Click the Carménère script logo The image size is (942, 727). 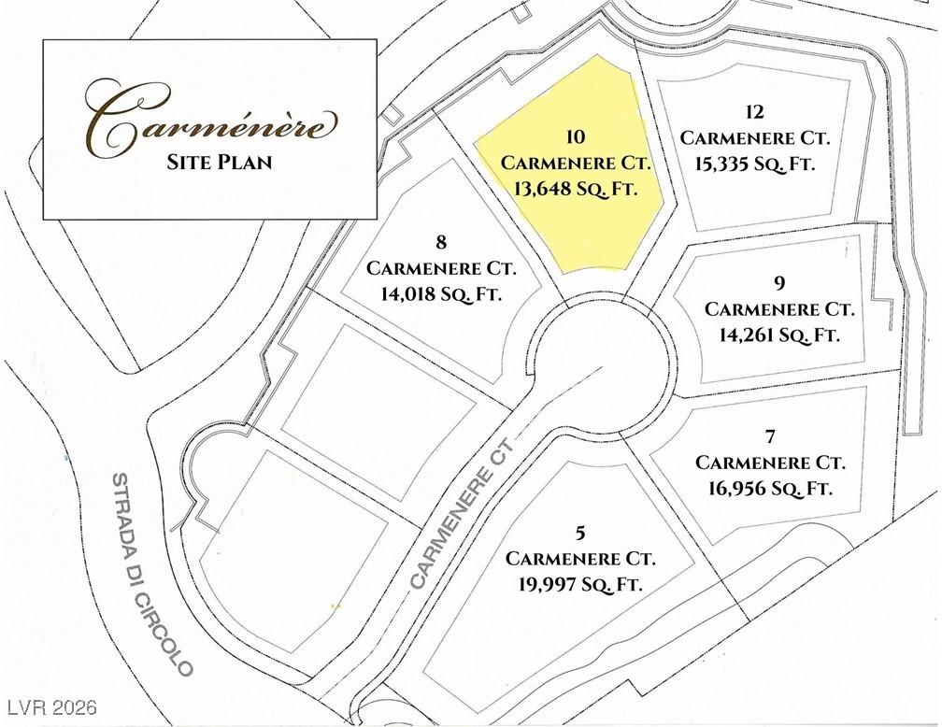point(209,120)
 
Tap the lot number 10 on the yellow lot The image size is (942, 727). point(576,137)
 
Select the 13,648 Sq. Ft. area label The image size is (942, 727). point(576,188)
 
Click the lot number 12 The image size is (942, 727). point(755,113)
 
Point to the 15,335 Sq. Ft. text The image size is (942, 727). point(755,164)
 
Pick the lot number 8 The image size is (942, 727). point(441,243)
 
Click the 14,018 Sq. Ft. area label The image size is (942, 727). point(441,293)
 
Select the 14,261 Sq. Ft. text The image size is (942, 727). point(779,334)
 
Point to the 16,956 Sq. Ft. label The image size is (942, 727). point(770,488)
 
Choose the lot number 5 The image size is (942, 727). point(580,534)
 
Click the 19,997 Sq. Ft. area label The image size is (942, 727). point(580,584)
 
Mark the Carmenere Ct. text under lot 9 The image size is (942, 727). point(779,308)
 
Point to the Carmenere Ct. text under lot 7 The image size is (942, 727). point(770,463)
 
